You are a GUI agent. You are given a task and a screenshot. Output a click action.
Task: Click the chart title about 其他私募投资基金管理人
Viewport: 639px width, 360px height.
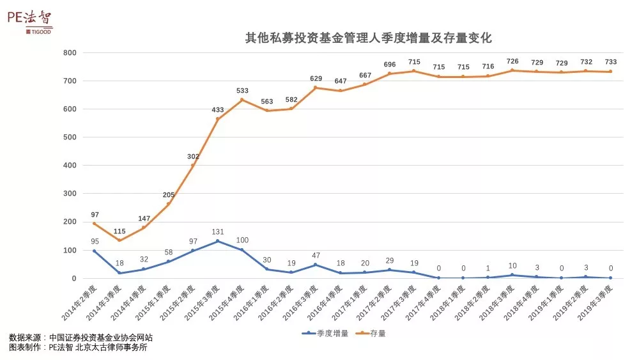coord(369,38)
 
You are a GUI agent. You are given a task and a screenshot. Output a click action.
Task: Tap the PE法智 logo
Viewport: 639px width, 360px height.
coord(29,20)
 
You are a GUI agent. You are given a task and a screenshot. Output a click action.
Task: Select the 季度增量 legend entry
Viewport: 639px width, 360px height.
coord(326,333)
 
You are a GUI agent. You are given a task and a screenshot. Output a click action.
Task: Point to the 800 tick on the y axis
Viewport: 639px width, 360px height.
coord(70,52)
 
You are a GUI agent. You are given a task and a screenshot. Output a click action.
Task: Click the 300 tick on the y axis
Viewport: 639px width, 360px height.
coord(70,194)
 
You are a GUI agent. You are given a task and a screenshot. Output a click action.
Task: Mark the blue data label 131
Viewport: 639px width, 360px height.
coord(218,232)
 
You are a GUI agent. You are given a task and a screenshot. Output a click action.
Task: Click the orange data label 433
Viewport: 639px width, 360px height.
coord(218,110)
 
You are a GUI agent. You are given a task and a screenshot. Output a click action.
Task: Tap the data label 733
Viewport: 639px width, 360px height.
coord(611,62)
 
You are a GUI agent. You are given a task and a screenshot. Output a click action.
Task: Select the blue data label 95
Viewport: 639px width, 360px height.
coord(95,241)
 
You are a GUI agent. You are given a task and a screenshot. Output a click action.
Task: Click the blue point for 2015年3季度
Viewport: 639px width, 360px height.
coord(218,241)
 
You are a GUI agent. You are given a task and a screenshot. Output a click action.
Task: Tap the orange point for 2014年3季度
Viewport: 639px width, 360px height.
coord(119,240)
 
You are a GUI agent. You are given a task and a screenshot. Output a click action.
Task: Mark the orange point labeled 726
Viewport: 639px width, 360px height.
coord(512,70)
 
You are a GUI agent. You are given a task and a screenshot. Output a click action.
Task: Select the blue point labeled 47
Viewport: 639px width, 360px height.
coord(316,265)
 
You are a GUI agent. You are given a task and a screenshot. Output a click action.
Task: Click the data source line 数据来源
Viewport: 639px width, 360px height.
coord(81,337)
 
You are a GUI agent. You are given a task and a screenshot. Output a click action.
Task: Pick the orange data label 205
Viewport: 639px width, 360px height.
coord(169,196)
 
